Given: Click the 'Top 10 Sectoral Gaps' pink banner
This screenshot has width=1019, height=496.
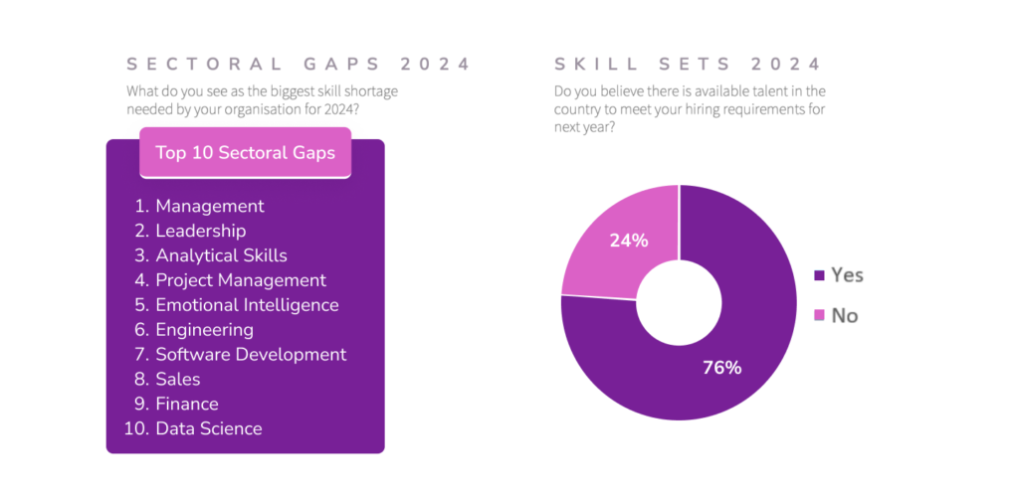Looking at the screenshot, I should click(x=245, y=153).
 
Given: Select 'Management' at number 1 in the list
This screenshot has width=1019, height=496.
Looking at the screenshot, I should click(x=210, y=207).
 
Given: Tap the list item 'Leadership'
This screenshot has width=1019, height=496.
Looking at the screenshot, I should click(x=200, y=231).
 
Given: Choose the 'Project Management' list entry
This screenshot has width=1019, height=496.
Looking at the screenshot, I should click(x=241, y=280).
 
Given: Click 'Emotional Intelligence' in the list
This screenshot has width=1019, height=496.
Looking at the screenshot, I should click(x=247, y=305).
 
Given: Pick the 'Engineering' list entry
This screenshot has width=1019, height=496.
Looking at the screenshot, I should click(x=204, y=330).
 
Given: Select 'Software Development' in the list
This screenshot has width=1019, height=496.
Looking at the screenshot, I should click(x=251, y=355).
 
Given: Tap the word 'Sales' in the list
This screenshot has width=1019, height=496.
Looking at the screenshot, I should click(x=178, y=380).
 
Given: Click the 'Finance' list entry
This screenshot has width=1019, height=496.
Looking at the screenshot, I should click(x=187, y=405).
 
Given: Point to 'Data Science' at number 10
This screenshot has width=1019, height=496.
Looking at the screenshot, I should click(x=209, y=429).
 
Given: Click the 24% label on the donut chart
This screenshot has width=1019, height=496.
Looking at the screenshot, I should click(x=629, y=241).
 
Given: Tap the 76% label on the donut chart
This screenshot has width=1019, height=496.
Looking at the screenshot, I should click(x=721, y=368).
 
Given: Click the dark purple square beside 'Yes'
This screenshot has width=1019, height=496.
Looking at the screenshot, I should click(x=820, y=275).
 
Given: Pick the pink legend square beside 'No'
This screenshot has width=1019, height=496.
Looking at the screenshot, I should click(x=820, y=316).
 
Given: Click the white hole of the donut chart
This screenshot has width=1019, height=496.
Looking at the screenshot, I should click(x=679, y=303).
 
